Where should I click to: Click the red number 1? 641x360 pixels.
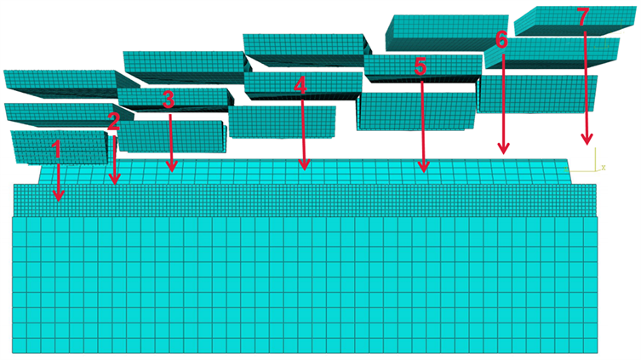pyautogui.click(x=56, y=151)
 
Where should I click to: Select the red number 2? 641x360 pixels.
pyautogui.click(x=113, y=121)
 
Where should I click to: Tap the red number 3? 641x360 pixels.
pyautogui.click(x=169, y=100)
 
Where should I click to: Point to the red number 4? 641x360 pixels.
pyautogui.click(x=300, y=85)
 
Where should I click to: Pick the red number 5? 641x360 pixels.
pyautogui.click(x=420, y=67)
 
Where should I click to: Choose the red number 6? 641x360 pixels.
pyautogui.click(x=501, y=39)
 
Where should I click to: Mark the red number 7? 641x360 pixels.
pyautogui.click(x=583, y=18)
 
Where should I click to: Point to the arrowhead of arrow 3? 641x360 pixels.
pyautogui.click(x=171, y=169)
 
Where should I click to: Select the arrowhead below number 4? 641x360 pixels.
pyautogui.click(x=304, y=169)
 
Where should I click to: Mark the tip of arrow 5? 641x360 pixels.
pyautogui.click(x=423, y=170)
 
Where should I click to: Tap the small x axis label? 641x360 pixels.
pyautogui.click(x=603, y=167)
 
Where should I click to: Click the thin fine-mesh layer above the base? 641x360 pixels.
pyautogui.click(x=306, y=200)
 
